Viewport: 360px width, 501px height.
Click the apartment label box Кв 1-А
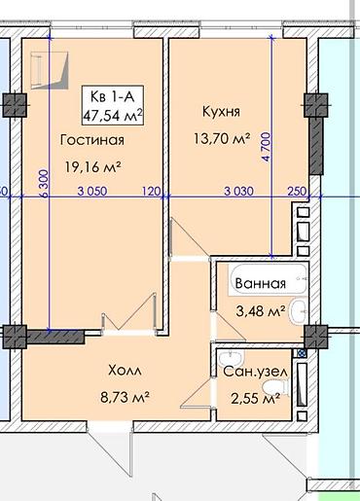(113, 105)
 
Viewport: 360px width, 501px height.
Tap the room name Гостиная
(92, 140)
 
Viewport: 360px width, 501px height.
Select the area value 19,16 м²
(93, 167)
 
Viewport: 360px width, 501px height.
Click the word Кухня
(221, 112)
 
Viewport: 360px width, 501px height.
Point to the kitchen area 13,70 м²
(222, 138)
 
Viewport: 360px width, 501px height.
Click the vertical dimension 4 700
(268, 147)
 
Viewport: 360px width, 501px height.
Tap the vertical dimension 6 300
(44, 183)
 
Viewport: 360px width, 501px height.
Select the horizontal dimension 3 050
(92, 191)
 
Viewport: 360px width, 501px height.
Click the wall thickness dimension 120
(152, 191)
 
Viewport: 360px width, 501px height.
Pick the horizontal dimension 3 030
(239, 191)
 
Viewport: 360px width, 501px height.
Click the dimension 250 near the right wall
(297, 191)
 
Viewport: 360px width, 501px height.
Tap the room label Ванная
(261, 283)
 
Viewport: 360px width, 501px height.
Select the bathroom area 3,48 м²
(261, 311)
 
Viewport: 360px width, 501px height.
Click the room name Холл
(125, 371)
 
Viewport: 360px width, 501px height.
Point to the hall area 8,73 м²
(125, 397)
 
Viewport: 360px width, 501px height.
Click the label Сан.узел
(255, 372)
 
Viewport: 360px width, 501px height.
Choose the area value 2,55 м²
(256, 398)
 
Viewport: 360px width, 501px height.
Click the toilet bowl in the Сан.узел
(275, 387)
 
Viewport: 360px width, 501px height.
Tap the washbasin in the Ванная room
(299, 311)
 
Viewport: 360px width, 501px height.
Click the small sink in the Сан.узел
(231, 358)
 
